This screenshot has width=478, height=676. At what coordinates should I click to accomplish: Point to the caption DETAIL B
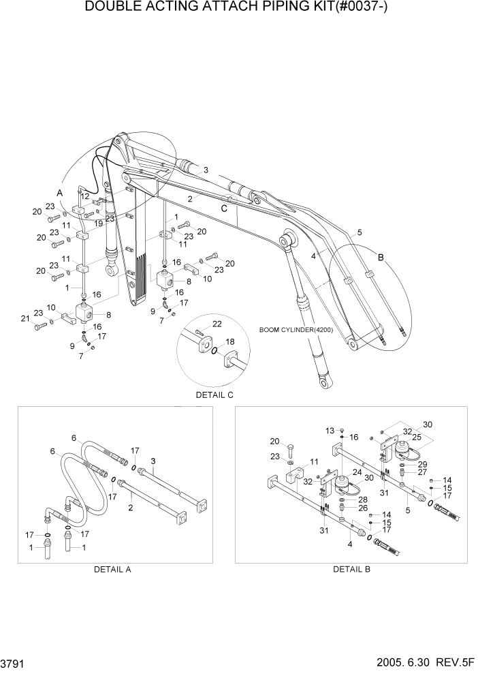click(x=351, y=569)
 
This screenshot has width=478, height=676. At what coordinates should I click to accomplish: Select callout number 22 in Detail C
click(x=218, y=324)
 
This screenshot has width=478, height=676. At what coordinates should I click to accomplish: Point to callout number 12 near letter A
click(x=85, y=196)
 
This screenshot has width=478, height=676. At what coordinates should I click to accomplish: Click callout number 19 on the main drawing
click(x=99, y=224)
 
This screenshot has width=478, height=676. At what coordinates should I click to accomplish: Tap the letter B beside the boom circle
click(x=381, y=258)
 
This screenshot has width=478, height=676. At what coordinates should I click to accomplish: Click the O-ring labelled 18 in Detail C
click(x=214, y=351)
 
